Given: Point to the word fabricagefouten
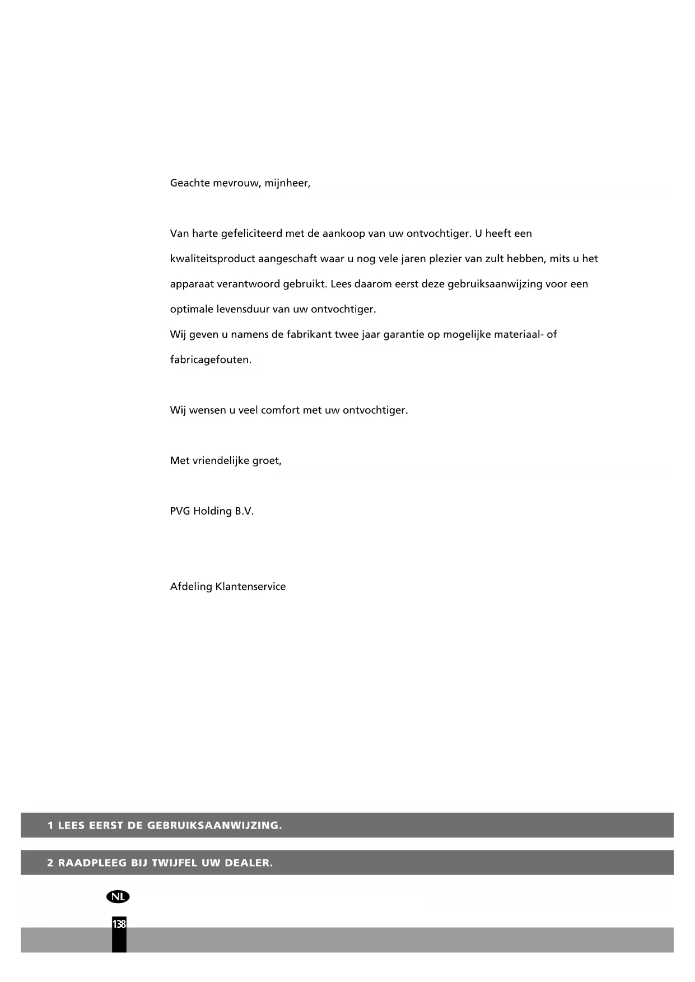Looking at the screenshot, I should (211, 360).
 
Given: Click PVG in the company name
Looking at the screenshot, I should (180, 511).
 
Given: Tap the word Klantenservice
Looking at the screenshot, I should (250, 587).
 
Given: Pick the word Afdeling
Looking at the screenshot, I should (191, 587).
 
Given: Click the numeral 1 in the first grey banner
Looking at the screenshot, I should (50, 825).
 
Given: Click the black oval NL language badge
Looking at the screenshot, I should (118, 896).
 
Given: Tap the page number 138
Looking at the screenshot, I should (119, 924).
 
